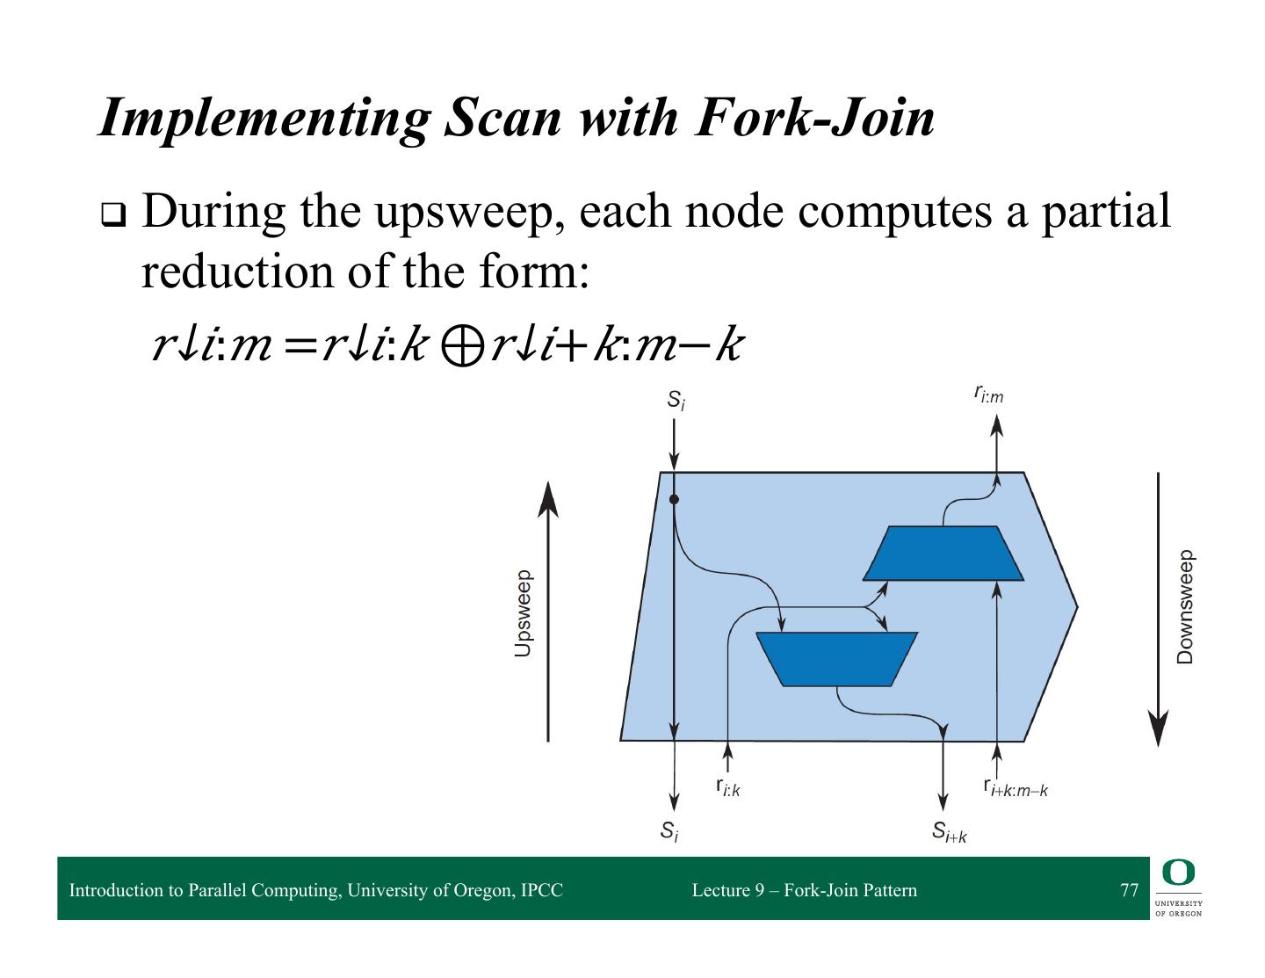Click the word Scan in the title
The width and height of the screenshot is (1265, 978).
coord(502,119)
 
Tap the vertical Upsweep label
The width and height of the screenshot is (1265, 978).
coord(523,614)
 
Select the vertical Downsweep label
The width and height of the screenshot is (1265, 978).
coord(1185,607)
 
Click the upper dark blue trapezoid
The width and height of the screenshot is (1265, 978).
coord(943,554)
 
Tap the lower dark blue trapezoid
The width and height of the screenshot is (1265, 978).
coord(836,659)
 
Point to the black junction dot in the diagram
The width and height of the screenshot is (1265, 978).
coord(674,499)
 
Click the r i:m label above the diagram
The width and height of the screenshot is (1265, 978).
coord(988,394)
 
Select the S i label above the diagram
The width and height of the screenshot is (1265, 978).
coord(675,401)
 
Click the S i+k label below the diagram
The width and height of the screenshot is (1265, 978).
coord(949,831)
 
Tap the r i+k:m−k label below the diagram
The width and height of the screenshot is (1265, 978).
coord(1016,787)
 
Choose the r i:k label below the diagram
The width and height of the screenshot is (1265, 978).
coord(727,787)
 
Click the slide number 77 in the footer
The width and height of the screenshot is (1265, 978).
coord(1129,890)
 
